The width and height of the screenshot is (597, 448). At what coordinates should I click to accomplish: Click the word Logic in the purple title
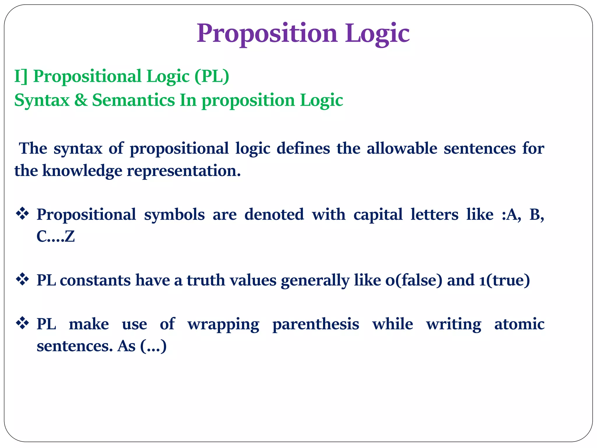click(x=377, y=33)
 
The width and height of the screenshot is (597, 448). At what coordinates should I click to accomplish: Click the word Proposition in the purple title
click(x=267, y=33)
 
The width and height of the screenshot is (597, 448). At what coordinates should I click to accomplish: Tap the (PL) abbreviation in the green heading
click(x=212, y=76)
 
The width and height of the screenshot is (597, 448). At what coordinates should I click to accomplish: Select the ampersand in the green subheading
click(x=81, y=100)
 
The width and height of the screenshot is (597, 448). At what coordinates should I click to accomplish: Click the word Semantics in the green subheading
click(x=134, y=100)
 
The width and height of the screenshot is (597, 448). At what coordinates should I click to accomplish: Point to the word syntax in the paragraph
click(x=78, y=148)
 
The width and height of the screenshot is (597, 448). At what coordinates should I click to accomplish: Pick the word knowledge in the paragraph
click(x=82, y=171)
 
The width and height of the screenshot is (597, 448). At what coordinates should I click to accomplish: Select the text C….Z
click(x=56, y=236)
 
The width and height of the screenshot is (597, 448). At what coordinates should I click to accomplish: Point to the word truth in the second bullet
click(x=206, y=280)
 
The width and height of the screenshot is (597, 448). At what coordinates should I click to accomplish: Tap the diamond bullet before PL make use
click(x=22, y=323)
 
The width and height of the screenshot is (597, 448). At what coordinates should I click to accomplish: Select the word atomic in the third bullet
click(x=519, y=324)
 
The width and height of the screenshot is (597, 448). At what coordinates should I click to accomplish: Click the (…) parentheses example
click(x=153, y=346)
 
